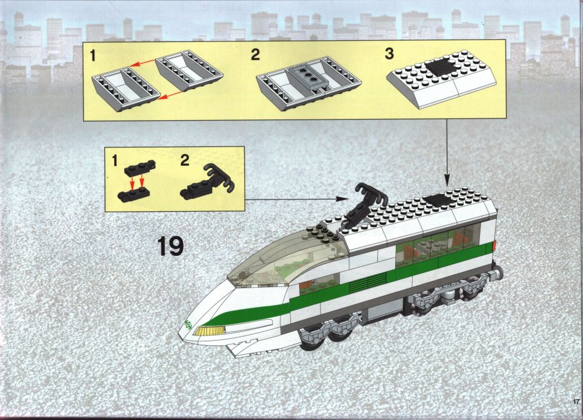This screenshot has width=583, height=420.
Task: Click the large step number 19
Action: [x=171, y=246]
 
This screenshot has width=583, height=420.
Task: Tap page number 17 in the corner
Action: [x=577, y=401]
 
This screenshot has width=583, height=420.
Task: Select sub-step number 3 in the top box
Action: [x=389, y=54]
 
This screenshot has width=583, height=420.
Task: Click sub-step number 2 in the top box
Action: [x=255, y=55]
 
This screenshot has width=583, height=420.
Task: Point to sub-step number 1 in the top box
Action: [x=93, y=56]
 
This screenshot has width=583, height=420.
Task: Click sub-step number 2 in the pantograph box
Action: [x=185, y=161]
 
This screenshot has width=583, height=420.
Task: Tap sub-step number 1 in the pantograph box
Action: [x=114, y=161]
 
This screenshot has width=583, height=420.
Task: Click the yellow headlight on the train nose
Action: [x=210, y=330]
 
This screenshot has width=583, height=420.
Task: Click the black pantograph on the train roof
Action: [x=362, y=205]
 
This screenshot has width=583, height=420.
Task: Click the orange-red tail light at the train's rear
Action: [x=494, y=246]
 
